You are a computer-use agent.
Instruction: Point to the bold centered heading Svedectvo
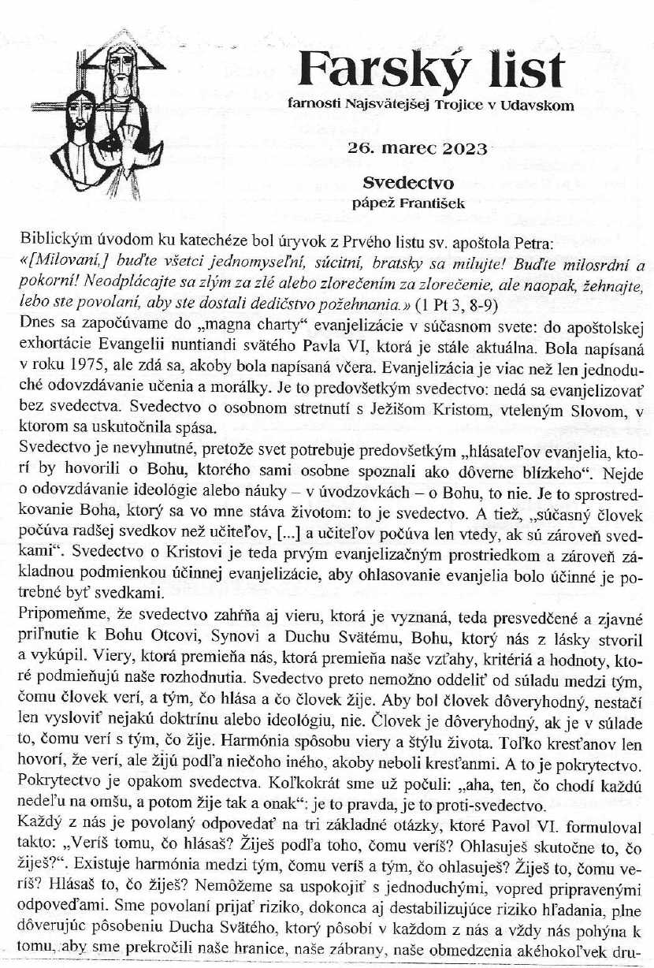point(408,183)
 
